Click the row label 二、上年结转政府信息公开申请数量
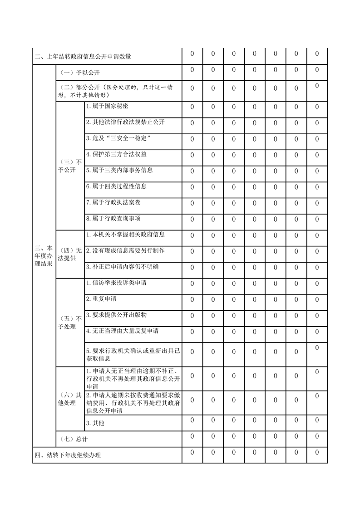[x=83, y=57]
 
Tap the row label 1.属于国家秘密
[x=107, y=106]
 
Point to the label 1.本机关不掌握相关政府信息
[x=125, y=235]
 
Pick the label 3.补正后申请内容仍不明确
[x=122, y=266]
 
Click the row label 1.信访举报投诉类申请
[x=116, y=283]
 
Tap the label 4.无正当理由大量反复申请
[x=122, y=331]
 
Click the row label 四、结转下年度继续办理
[x=68, y=455]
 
